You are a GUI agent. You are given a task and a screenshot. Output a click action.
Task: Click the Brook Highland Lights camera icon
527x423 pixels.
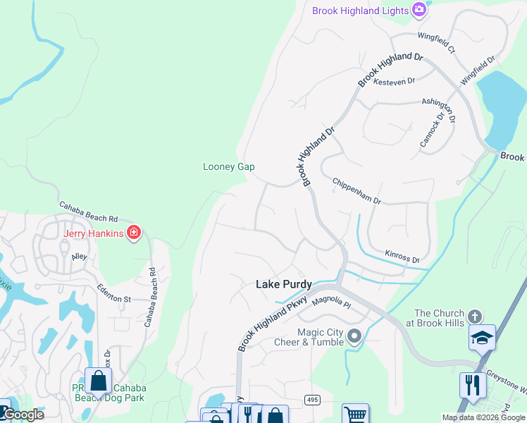click(419, 10)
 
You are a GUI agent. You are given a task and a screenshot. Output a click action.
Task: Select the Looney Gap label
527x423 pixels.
click(228, 167)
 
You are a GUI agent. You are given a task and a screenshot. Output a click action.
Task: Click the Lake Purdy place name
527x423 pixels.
click(283, 284)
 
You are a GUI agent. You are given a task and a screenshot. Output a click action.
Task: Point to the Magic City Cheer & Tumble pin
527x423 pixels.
click(354, 336)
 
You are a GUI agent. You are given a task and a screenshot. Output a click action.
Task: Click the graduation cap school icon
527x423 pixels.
click(483, 338)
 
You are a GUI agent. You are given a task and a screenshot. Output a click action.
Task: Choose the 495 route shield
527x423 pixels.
click(312, 400)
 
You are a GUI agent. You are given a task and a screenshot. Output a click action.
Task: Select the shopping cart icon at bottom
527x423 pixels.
click(355, 414)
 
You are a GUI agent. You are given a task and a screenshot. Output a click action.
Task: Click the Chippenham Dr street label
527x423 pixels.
click(356, 191)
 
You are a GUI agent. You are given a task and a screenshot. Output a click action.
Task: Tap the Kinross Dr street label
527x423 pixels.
click(402, 256)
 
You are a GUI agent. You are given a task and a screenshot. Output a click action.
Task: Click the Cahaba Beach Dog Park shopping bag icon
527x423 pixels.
click(99, 381)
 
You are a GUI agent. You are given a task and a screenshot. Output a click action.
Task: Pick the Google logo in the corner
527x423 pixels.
click(23, 415)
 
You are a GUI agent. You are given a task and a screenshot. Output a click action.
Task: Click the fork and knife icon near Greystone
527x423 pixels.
click(472, 385)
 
